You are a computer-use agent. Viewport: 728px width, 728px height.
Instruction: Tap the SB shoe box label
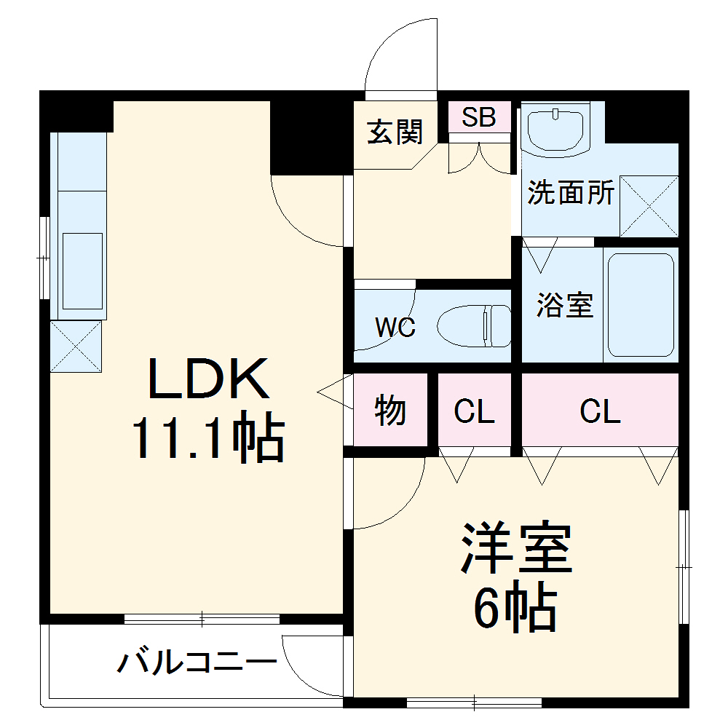click(479, 116)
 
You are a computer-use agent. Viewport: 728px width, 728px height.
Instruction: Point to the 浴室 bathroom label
click(564, 305)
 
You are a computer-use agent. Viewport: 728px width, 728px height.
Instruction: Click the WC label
click(395, 328)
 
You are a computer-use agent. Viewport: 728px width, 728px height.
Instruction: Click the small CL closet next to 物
click(474, 413)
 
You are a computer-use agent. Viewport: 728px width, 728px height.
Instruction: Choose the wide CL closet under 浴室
click(600, 413)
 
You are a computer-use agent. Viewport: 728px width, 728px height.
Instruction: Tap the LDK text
click(208, 379)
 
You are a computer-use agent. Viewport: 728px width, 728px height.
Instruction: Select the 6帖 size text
click(515, 608)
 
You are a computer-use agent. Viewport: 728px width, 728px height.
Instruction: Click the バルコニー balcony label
click(197, 662)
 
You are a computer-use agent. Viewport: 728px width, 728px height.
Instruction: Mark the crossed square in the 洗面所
click(648, 206)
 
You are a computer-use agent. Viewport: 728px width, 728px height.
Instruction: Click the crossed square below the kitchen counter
click(76, 347)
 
